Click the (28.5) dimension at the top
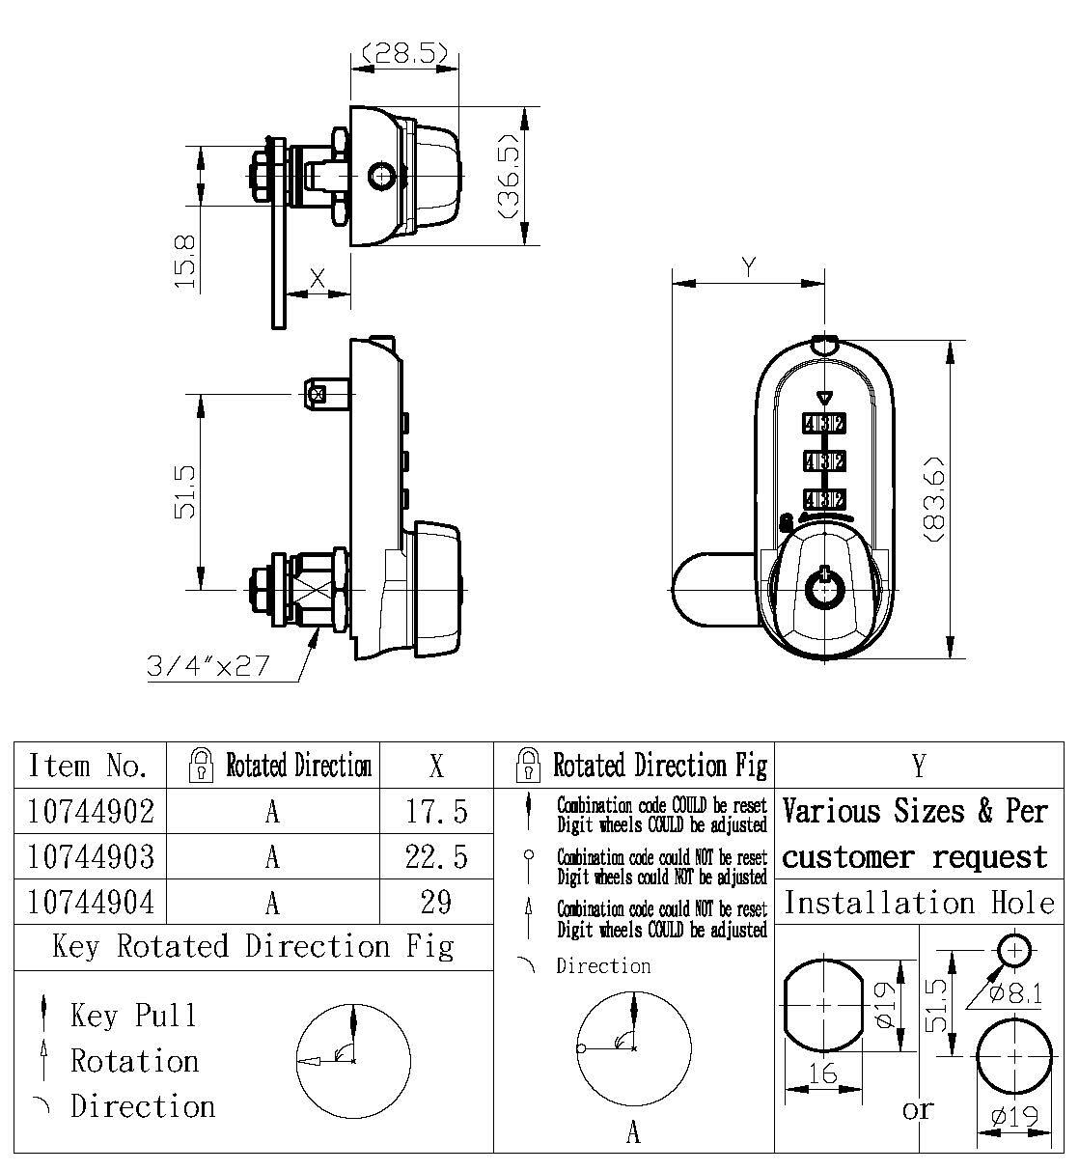[x=404, y=54]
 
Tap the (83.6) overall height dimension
[x=933, y=497]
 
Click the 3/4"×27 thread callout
[x=207, y=666]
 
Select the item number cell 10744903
[x=91, y=856]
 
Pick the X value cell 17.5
[x=436, y=811]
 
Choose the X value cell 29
[x=436, y=902]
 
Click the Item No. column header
[x=89, y=766]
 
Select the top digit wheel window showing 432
[x=823, y=422]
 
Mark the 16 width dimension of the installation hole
[x=822, y=1073]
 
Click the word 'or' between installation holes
[x=919, y=1109]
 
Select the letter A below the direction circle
[x=633, y=1131]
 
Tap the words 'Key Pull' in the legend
[x=133, y=1016]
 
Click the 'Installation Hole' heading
[x=919, y=904]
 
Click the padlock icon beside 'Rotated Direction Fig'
[x=527, y=766]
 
